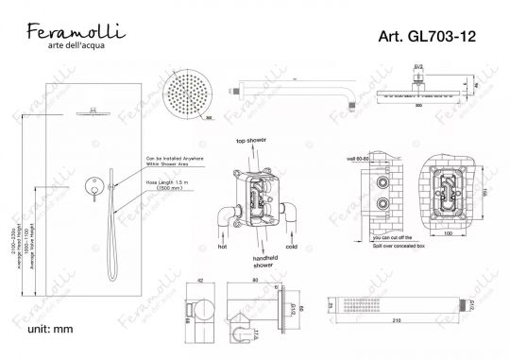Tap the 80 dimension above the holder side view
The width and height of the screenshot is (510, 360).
(x=257, y=280)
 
